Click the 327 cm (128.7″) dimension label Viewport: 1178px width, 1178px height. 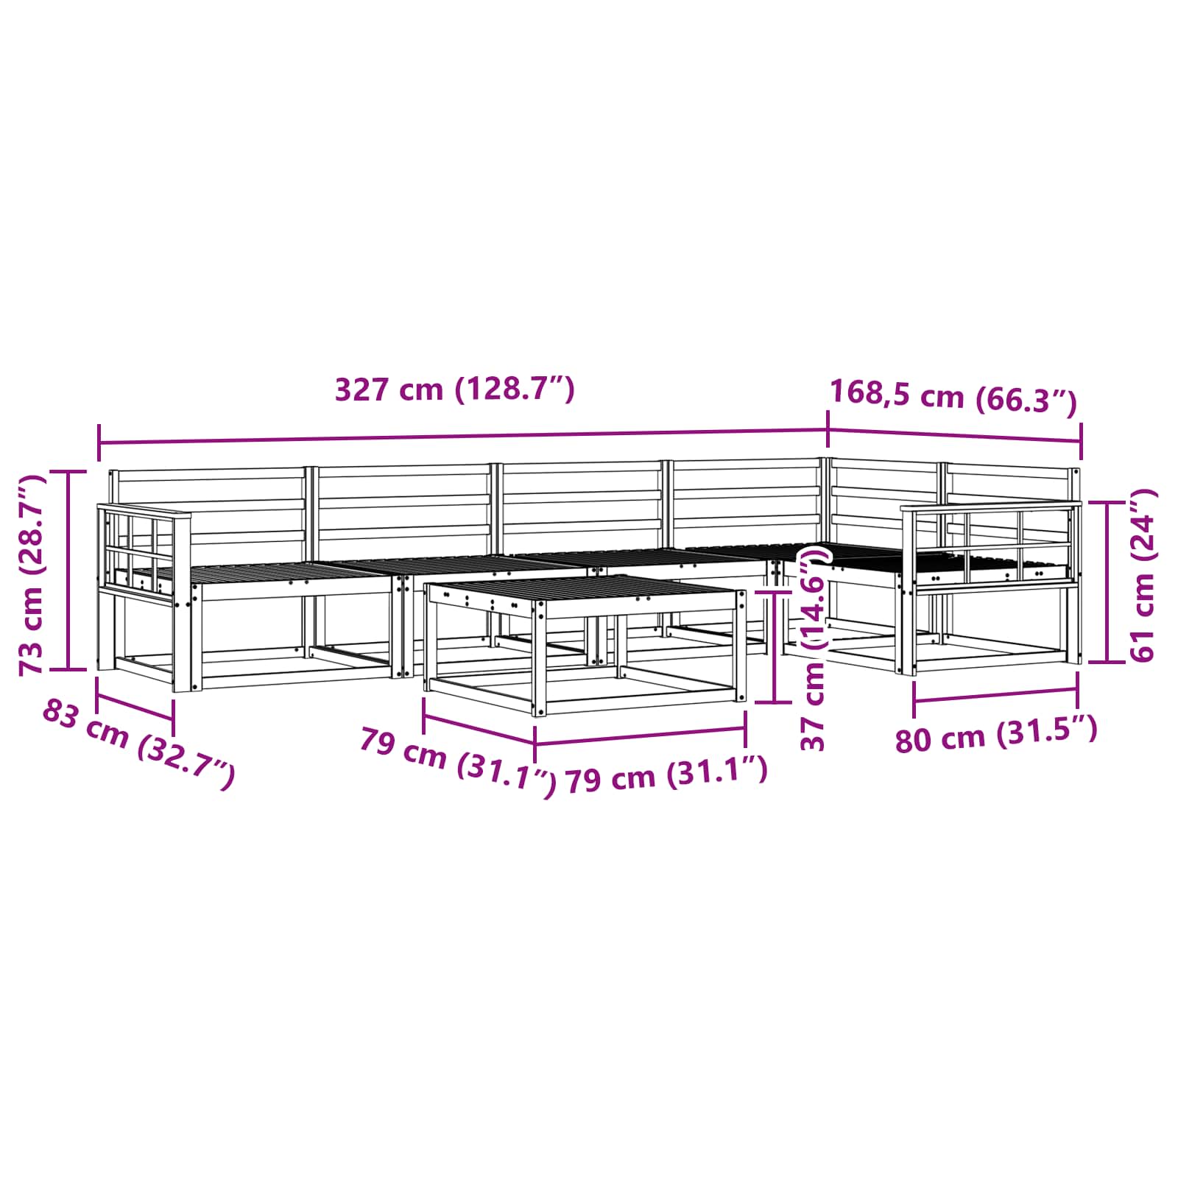pyautogui.click(x=454, y=389)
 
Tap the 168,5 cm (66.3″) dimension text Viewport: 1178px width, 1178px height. pyautogui.click(x=953, y=398)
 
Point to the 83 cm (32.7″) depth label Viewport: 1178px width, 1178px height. pyautogui.click(x=139, y=744)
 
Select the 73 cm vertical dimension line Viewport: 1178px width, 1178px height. pyautogui.click(x=68, y=571)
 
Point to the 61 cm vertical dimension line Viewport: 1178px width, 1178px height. pyautogui.click(x=1107, y=582)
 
